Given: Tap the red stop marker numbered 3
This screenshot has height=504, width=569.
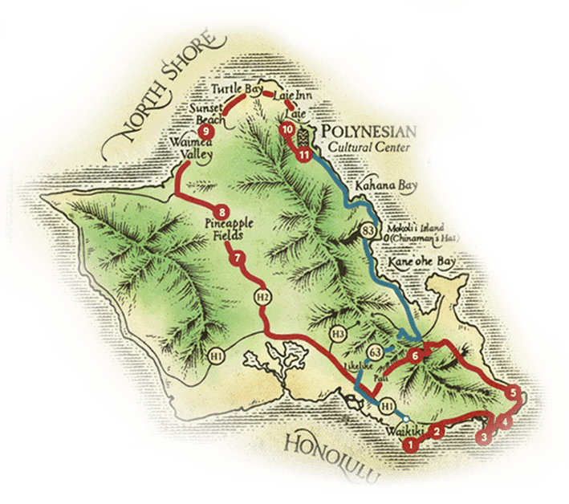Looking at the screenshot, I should point(482,437).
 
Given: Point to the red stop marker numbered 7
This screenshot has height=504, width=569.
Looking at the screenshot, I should point(237,259).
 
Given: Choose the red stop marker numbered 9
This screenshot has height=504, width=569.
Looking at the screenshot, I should point(207,132).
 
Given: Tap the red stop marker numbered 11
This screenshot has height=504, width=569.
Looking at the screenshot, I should point(303,155).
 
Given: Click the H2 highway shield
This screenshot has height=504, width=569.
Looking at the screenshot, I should point(261,296).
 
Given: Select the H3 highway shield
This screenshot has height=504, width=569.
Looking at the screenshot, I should point(338,333).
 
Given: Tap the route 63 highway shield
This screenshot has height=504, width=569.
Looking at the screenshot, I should point(374,352).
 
